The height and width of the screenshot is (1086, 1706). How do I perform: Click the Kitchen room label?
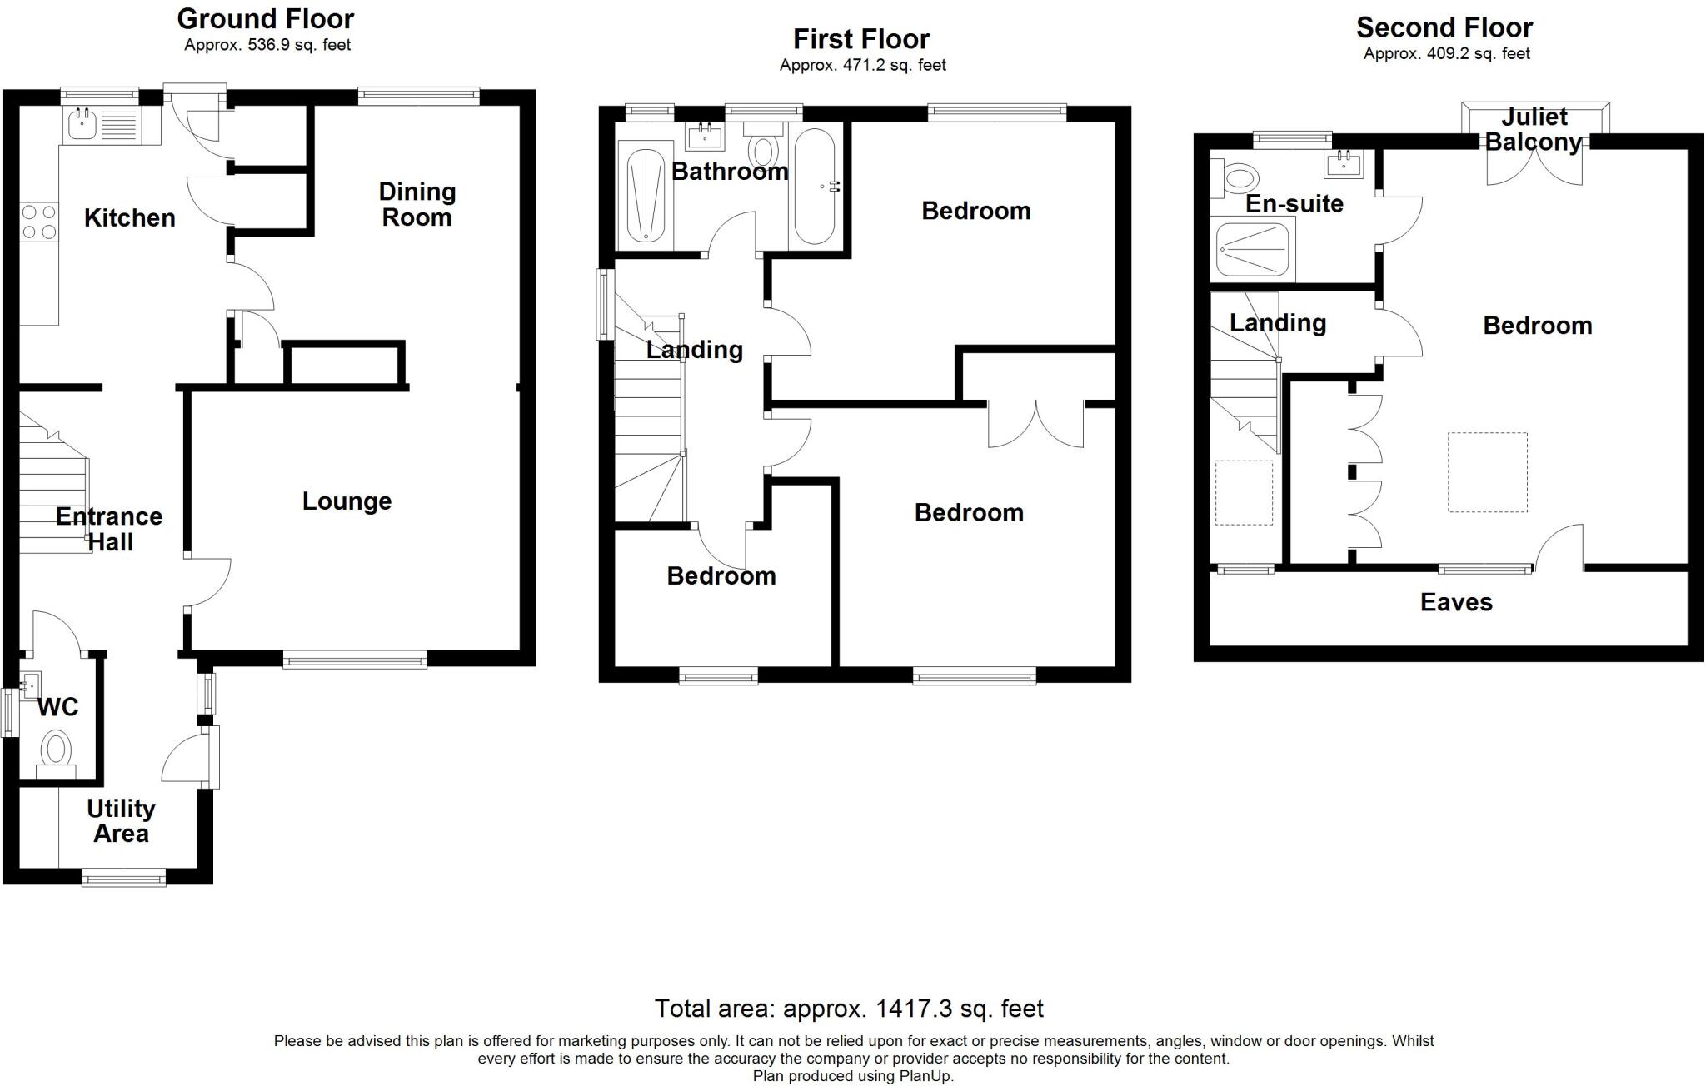(x=130, y=218)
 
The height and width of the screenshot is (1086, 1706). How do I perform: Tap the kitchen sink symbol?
(x=83, y=125)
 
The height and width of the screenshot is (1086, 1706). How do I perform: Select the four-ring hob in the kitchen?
(x=39, y=222)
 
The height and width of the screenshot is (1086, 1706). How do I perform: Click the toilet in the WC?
(x=56, y=750)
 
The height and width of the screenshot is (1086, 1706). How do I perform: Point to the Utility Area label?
(x=121, y=821)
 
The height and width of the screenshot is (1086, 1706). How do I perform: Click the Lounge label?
(x=347, y=501)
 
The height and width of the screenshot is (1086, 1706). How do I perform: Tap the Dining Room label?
(x=417, y=205)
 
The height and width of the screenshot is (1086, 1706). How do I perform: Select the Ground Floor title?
(x=266, y=18)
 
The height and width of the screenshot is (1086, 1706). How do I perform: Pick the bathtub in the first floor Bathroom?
(x=814, y=187)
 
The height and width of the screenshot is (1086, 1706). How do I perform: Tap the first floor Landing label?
(x=694, y=350)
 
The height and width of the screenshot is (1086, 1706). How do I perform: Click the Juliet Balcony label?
(x=1534, y=129)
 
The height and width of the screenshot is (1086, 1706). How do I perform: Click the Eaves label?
(x=1456, y=603)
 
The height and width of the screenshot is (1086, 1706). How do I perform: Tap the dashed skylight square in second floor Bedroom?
(x=1487, y=471)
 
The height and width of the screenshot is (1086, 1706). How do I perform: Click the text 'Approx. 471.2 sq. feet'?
(x=862, y=65)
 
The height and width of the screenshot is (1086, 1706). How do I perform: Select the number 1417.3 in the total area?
(x=913, y=1009)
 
